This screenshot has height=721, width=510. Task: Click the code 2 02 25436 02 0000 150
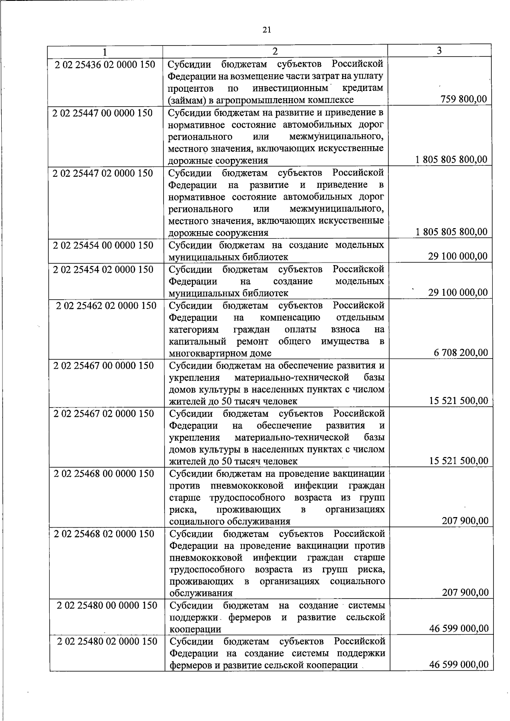105,65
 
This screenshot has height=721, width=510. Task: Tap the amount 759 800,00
464,99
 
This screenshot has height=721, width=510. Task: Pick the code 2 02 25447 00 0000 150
102,113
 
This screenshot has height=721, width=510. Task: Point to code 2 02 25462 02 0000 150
106,305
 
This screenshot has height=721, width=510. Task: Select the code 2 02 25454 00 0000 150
103,245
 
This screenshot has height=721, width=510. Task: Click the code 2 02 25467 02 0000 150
104,413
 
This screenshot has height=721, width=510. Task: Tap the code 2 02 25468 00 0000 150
104,473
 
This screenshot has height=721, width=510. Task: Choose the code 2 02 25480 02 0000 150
107,641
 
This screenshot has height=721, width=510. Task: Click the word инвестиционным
290,88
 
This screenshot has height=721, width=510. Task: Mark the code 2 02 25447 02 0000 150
102,173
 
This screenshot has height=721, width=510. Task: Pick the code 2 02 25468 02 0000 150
104,534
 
